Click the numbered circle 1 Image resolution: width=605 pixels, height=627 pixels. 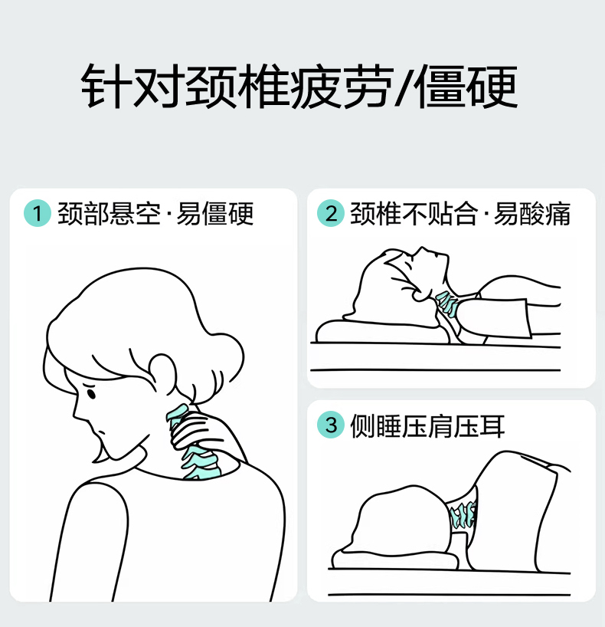38,213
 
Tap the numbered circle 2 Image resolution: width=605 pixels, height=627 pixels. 331,213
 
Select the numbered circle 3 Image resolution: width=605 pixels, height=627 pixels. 331,425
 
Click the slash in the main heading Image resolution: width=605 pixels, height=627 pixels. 404,87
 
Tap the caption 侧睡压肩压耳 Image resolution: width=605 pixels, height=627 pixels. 427,426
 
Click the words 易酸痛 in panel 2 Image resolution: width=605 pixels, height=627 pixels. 531,214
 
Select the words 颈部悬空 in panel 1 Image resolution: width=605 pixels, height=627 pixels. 109,214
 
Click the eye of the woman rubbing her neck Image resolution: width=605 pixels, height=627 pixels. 91,393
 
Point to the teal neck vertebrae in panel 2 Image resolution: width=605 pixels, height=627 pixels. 447,304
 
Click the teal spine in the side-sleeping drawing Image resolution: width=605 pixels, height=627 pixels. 463,515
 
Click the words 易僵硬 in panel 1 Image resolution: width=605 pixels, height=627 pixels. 215,214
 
